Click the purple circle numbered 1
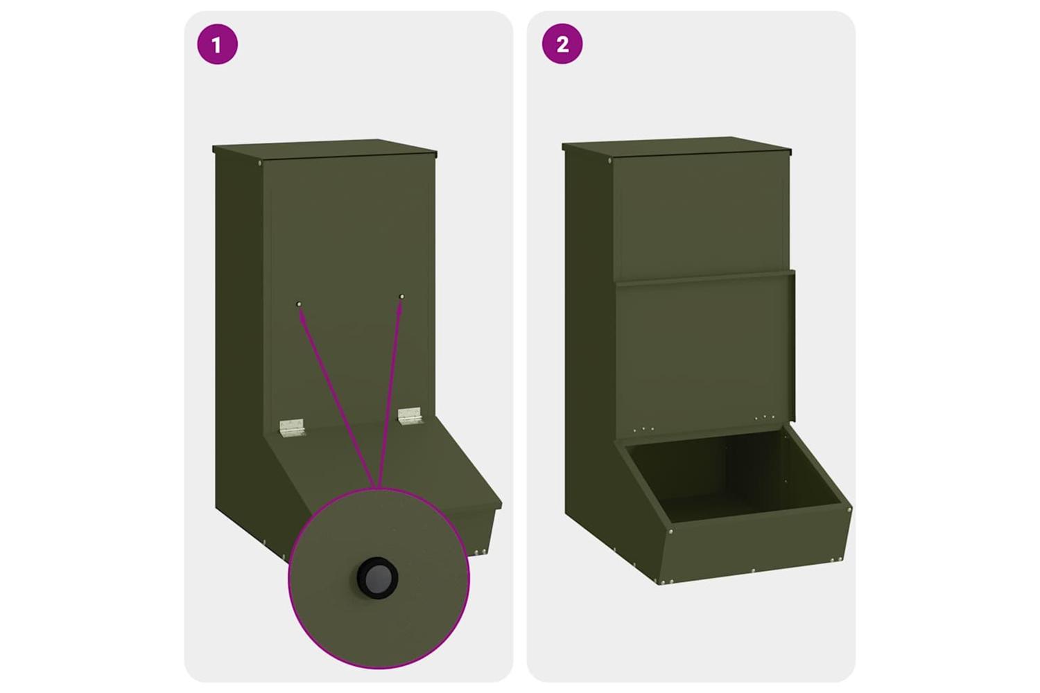pyautogui.click(x=217, y=44)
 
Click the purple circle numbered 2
pyautogui.click(x=562, y=44)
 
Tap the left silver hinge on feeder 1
pyautogui.click(x=291, y=427)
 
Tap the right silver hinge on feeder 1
pyautogui.click(x=410, y=415)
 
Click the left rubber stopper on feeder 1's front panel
pyautogui.click(x=299, y=304)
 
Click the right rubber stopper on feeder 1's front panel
pyautogui.click(x=401, y=296)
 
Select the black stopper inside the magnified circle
pyautogui.click(x=377, y=578)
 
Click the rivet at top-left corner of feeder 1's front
pyautogui.click(x=259, y=163)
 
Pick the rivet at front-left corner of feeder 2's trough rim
pyautogui.click(x=670, y=532)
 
